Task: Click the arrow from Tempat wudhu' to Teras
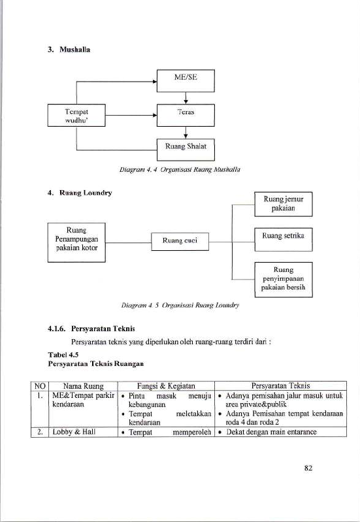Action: tap(131, 115)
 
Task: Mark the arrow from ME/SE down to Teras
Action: tap(186, 98)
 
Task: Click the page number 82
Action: tap(308, 468)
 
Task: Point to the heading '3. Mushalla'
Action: tap(69, 50)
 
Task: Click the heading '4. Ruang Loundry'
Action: tap(80, 193)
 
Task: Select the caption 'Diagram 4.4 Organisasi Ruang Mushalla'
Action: tap(180, 169)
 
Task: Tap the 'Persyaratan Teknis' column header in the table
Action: tap(280, 386)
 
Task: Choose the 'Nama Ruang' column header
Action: tap(83, 386)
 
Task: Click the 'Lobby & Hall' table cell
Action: tap(74, 432)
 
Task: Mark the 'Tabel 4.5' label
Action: tap(63, 355)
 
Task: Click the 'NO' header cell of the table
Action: tap(40, 386)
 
